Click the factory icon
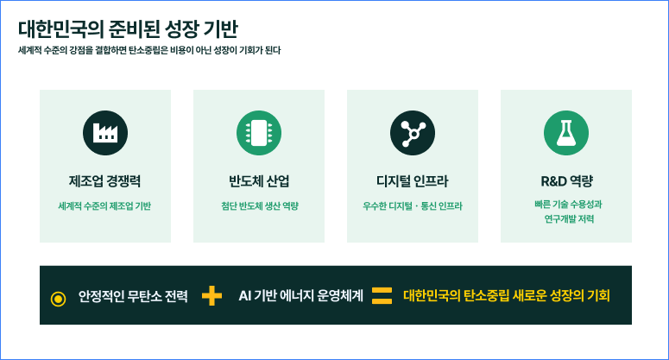[105, 133]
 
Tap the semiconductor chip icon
[259, 133]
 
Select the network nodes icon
[413, 133]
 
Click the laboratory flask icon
[566, 133]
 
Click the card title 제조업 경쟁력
[105, 181]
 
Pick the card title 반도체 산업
[259, 181]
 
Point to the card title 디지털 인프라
[413, 181]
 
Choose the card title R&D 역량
[566, 181]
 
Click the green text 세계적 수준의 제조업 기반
[104, 206]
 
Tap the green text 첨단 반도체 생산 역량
[260, 206]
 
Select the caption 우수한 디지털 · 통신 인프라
[413, 206]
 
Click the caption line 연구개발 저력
[569, 218]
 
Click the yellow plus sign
[212, 295]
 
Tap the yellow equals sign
[382, 295]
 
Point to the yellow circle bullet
[58, 299]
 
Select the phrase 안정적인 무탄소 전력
[133, 295]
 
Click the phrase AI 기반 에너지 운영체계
[300, 295]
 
